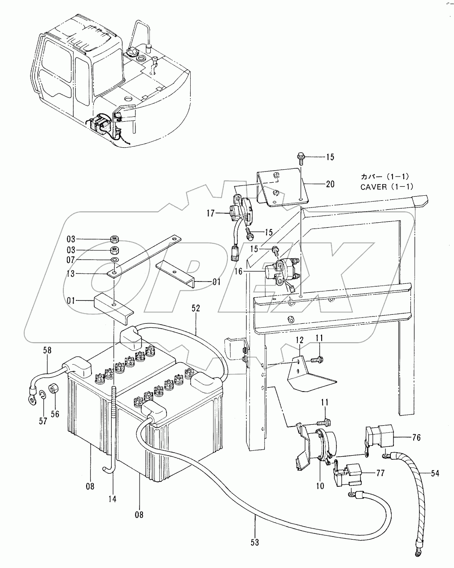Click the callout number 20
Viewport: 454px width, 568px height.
coord(330,184)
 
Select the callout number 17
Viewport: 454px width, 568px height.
coord(210,213)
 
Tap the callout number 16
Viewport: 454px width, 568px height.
coord(238,271)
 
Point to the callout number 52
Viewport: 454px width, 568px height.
coord(196,308)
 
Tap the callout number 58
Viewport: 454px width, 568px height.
coord(47,350)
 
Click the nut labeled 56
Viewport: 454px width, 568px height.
coord(53,389)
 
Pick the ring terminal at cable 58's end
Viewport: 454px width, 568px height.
coord(32,400)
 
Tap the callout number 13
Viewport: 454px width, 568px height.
coord(71,274)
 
